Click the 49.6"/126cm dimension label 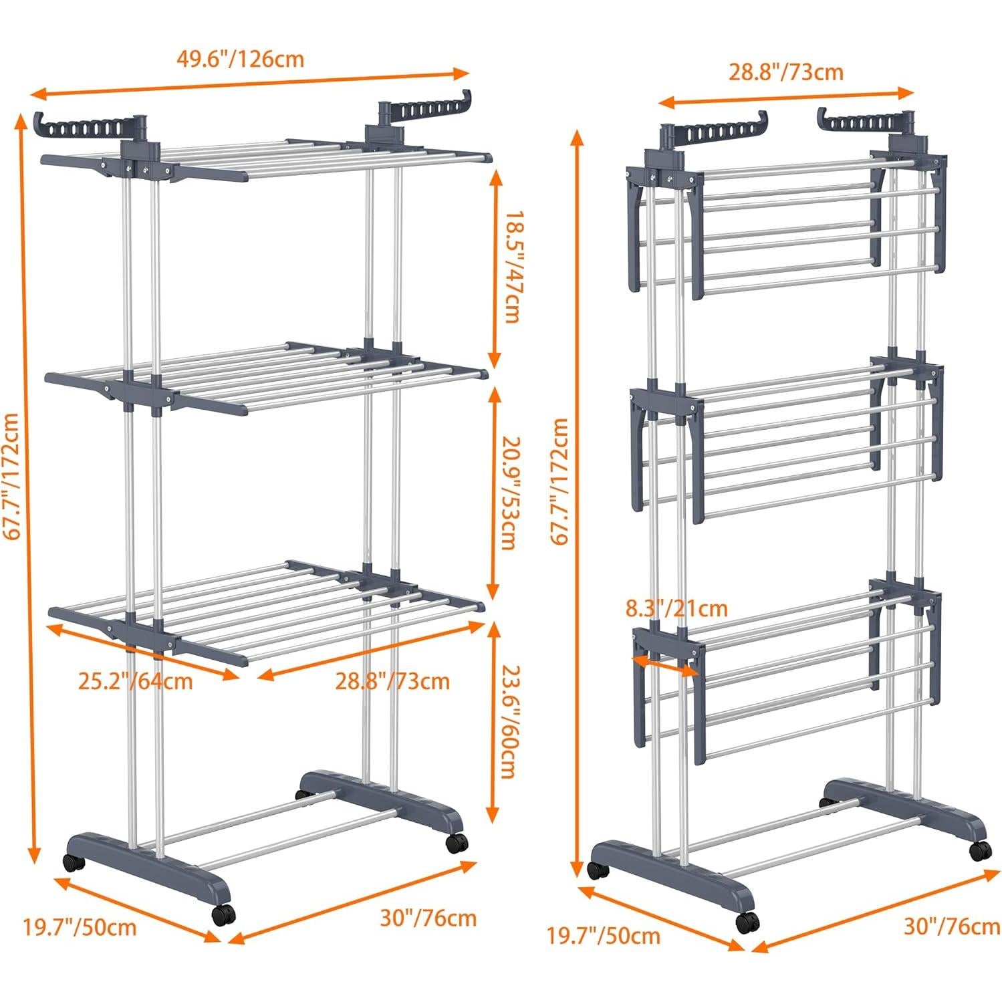(x=240, y=59)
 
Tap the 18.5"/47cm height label (x=511, y=268)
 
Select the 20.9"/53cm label (x=511, y=493)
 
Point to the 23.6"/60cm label (x=511, y=721)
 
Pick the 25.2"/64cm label (x=136, y=681)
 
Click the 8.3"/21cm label (x=676, y=609)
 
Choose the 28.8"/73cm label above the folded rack (x=785, y=72)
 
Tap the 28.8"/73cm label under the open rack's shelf (x=392, y=681)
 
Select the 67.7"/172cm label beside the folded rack (x=559, y=481)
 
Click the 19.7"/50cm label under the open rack (x=80, y=927)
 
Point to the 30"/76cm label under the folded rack (x=952, y=926)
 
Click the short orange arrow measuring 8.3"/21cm (x=666, y=664)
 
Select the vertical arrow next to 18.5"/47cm (x=495, y=268)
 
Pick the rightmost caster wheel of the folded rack (x=980, y=850)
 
